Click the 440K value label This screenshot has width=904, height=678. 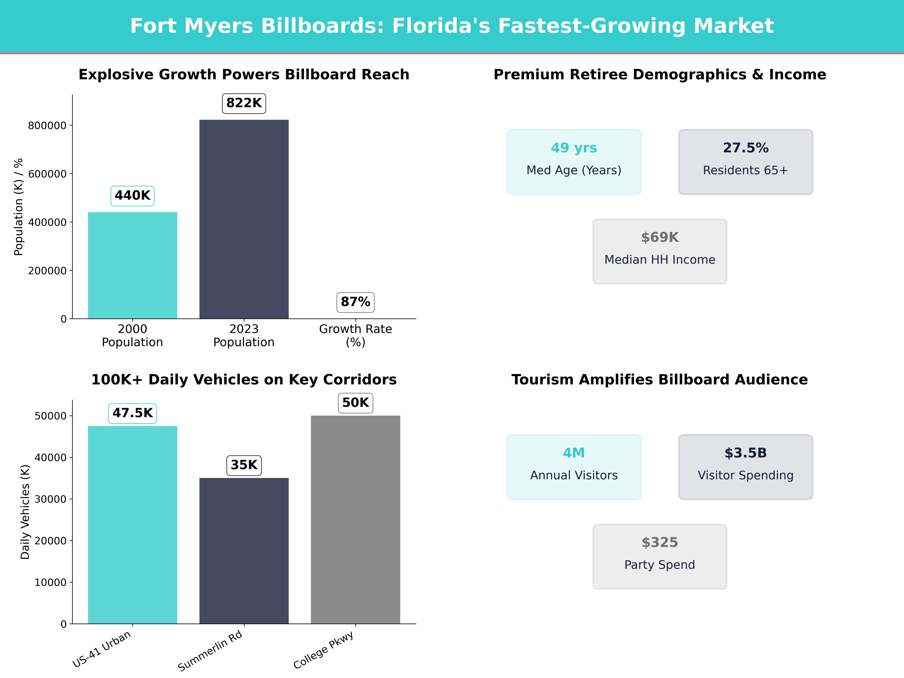tap(132, 196)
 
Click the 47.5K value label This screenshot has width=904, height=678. tap(132, 413)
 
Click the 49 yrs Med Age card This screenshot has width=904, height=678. tap(574, 162)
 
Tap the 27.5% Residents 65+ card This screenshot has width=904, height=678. tap(745, 162)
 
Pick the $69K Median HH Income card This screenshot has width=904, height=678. tap(660, 251)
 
